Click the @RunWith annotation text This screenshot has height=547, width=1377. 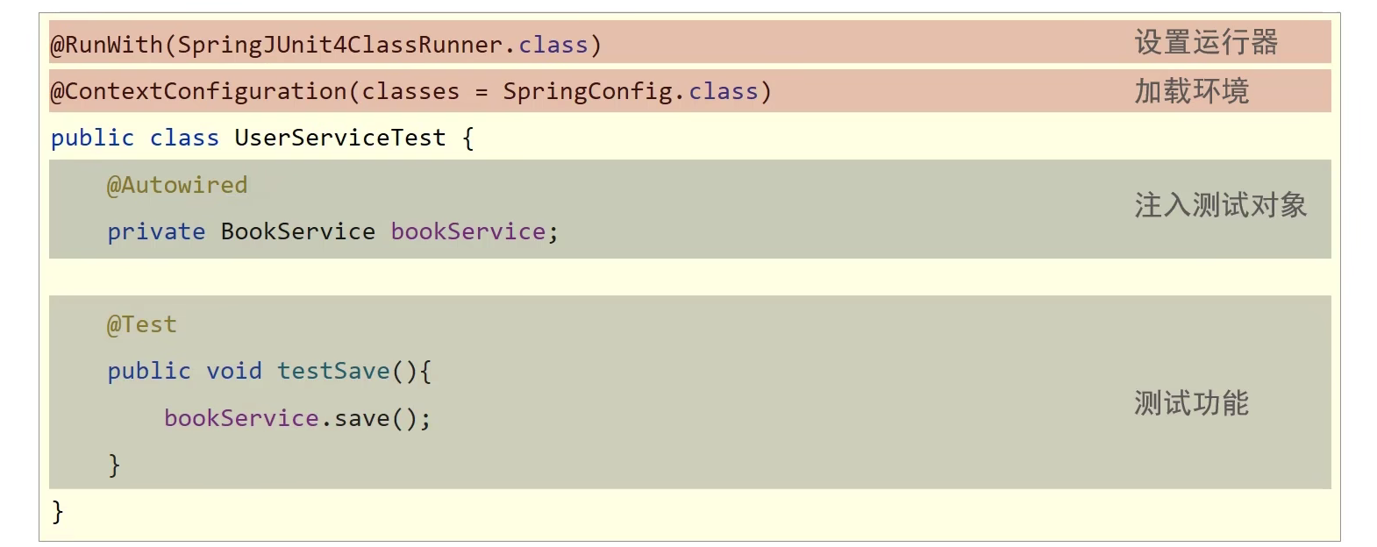(106, 45)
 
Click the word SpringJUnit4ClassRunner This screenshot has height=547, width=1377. (339, 45)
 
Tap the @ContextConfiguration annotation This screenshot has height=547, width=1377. (199, 91)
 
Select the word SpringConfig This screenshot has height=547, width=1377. (587, 91)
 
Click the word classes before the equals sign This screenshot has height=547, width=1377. (410, 91)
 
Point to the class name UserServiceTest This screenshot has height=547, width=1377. (339, 138)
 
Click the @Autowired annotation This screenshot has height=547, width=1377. (177, 185)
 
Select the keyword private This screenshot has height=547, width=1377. (156, 231)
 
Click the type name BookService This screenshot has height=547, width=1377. (297, 231)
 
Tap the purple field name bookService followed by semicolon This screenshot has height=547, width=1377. (467, 231)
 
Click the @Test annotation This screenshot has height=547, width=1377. (142, 324)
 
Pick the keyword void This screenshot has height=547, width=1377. (234, 371)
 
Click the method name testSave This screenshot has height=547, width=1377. (333, 371)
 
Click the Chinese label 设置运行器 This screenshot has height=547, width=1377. (1206, 42)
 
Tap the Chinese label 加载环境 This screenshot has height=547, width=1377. (1191, 91)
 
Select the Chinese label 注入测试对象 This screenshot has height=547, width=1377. (1220, 205)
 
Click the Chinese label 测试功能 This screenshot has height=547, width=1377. (1191, 403)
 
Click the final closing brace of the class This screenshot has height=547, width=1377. (58, 511)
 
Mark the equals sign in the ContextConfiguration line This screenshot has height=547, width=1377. (482, 92)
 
